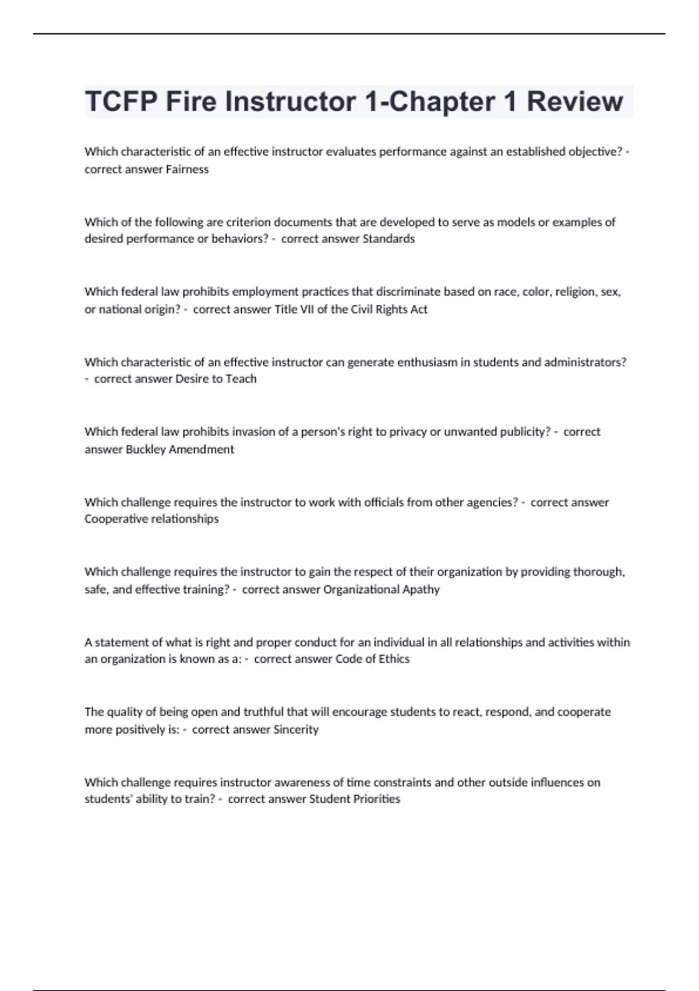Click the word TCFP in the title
click(121, 101)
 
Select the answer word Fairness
click(187, 169)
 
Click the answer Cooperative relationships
click(151, 519)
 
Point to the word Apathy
click(421, 589)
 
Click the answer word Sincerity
click(296, 729)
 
